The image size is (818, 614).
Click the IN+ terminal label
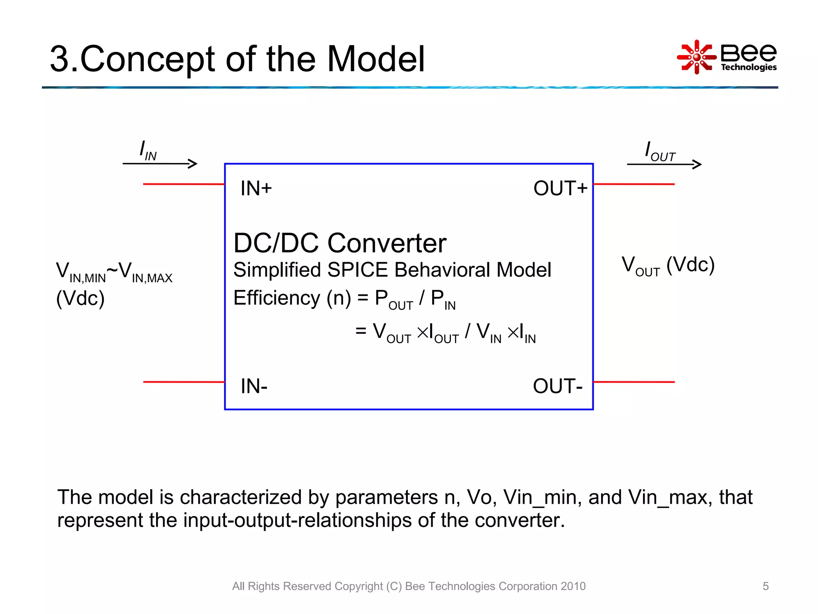[256, 188]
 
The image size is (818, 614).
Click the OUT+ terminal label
[560, 188]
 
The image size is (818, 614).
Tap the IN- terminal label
[254, 386]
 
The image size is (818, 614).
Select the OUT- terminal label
[558, 386]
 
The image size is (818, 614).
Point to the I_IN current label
[148, 151]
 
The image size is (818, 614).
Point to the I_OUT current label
[659, 152]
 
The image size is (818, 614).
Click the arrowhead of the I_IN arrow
[193, 163]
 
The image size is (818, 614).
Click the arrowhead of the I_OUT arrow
[697, 164]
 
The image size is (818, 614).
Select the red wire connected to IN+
[184, 184]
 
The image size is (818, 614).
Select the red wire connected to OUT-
[634, 382]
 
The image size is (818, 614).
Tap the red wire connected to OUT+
[634, 184]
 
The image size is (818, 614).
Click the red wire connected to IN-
[184, 382]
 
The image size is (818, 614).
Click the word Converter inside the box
[387, 243]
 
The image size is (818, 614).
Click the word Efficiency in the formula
[277, 298]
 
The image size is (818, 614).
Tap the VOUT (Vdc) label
[668, 265]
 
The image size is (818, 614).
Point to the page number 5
[765, 586]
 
